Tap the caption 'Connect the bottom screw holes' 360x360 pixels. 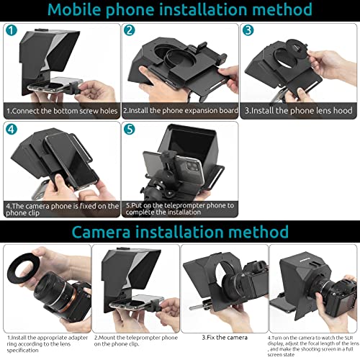pos(61,112)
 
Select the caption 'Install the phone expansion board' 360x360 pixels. pos(180,112)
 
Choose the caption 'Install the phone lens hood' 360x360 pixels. pos(299,112)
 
